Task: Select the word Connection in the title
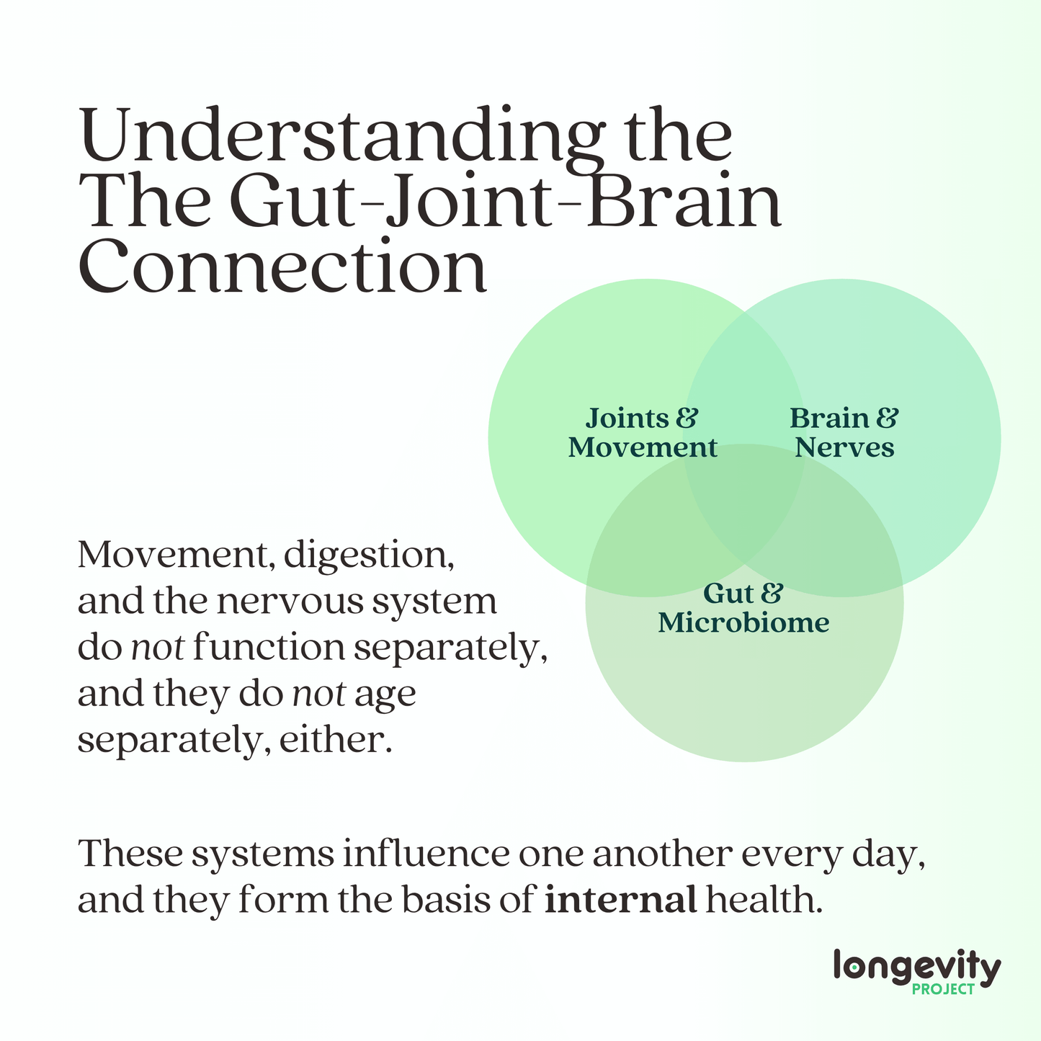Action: (282, 266)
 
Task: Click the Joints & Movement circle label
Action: (643, 433)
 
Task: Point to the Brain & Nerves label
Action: (844, 433)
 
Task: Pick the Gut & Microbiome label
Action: (743, 608)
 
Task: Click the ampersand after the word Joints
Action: (687, 418)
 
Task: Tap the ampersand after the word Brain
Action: (887, 418)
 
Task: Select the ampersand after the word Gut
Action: (772, 593)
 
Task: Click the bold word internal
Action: (620, 901)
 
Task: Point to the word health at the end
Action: (764, 901)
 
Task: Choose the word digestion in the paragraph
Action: (369, 556)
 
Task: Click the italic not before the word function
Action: (158, 647)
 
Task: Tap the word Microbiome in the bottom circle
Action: (743, 622)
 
